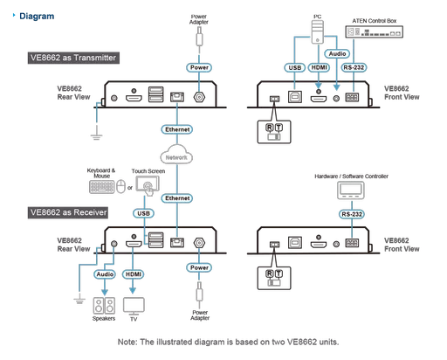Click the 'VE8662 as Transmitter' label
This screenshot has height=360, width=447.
click(72, 58)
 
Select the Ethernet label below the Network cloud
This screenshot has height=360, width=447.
click(177, 198)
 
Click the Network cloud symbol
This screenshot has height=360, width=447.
click(176, 157)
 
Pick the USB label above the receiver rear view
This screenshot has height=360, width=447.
click(143, 212)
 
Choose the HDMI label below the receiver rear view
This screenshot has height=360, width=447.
click(134, 274)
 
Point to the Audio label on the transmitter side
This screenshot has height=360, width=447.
click(337, 52)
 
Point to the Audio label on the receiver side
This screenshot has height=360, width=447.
click(105, 274)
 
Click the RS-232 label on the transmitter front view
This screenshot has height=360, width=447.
click(354, 66)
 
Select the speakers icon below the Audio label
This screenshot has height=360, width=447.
click(105, 305)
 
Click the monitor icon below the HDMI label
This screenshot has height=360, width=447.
click(134, 305)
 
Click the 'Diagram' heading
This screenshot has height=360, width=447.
click(38, 15)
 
